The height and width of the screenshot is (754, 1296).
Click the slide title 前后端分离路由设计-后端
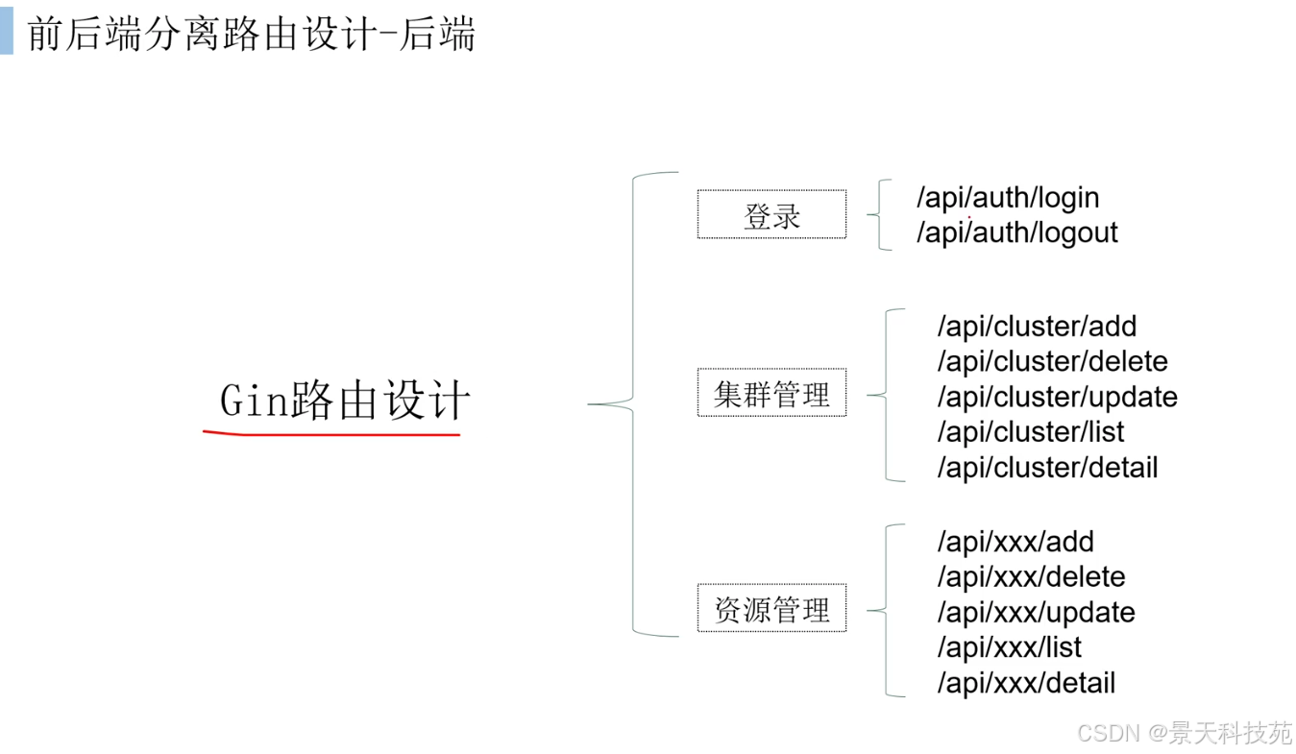pos(251,34)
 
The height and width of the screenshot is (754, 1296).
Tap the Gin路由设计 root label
pos(345,400)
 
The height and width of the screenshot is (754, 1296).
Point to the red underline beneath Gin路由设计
pos(331,433)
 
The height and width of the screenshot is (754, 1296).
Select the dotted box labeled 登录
pos(771,214)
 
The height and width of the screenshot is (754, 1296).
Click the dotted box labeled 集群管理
pos(771,392)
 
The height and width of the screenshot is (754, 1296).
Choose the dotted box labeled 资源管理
pos(771,608)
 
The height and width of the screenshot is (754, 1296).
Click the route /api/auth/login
pos(1008,198)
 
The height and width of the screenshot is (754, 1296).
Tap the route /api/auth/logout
pos(1017,232)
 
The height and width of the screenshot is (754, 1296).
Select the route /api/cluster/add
pos(1037,327)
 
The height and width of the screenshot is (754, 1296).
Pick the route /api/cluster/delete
pos(1052,362)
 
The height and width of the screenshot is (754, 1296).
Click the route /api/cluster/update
pos(1058,398)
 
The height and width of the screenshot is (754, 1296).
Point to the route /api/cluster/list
pos(1031,432)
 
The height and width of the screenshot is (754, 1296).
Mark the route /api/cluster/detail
pos(1047,468)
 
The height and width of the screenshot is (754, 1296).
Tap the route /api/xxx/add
pos(1015,543)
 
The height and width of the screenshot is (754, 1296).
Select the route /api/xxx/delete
pos(1031,577)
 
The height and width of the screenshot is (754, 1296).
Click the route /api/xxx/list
pos(1009,647)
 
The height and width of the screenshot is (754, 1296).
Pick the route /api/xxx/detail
pos(1026,684)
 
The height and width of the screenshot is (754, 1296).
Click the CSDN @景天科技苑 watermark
pos(1185,733)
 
